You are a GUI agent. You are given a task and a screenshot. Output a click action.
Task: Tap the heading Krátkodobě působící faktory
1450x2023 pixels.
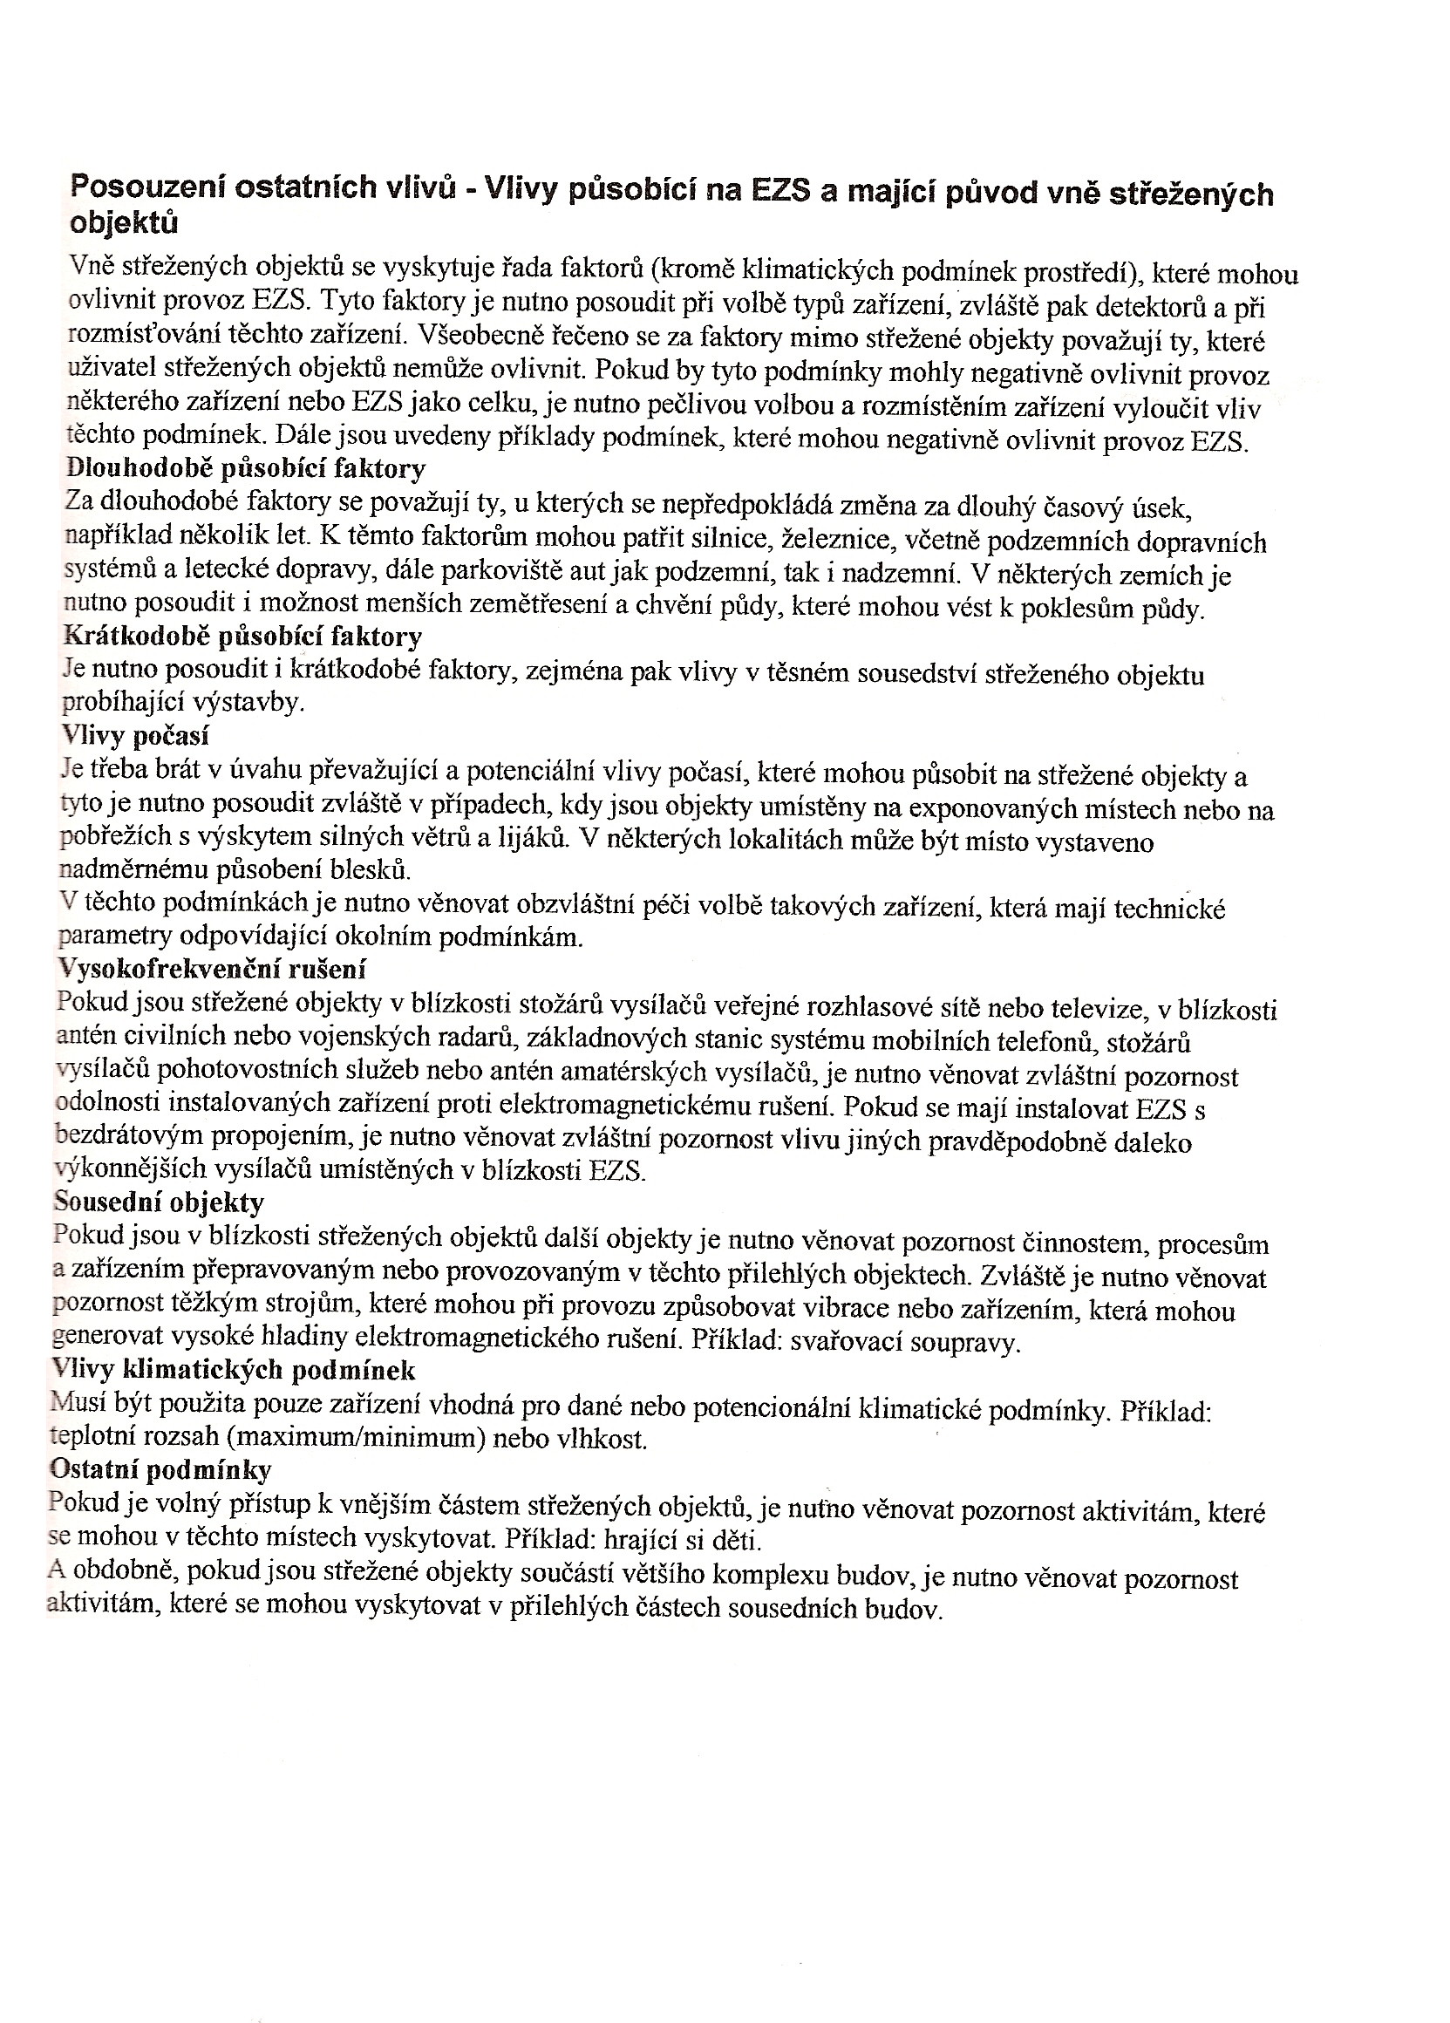tap(242, 636)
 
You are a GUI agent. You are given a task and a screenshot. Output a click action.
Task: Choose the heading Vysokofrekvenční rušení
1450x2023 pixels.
tap(211, 970)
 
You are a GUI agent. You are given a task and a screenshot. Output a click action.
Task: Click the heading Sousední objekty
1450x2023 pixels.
tap(159, 1202)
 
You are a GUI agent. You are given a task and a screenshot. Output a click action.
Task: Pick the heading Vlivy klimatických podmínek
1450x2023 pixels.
tap(233, 1369)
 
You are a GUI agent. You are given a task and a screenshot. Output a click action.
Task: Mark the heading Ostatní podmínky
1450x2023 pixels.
tap(160, 1469)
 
